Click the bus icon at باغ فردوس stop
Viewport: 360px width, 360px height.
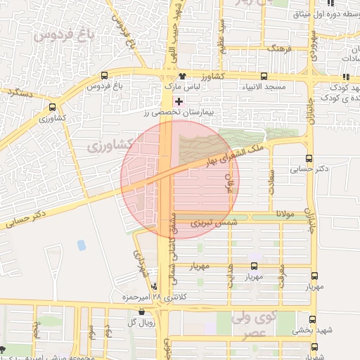point(105,76)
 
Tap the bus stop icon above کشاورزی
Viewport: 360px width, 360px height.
point(53,108)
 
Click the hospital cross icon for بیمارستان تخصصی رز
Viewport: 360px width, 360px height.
point(179,101)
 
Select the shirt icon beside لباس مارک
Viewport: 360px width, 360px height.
point(183,76)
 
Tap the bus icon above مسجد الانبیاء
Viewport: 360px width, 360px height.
point(264,76)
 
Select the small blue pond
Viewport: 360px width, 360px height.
point(82,245)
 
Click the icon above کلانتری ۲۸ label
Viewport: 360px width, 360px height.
point(155,285)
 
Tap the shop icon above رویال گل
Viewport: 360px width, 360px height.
point(141,311)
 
